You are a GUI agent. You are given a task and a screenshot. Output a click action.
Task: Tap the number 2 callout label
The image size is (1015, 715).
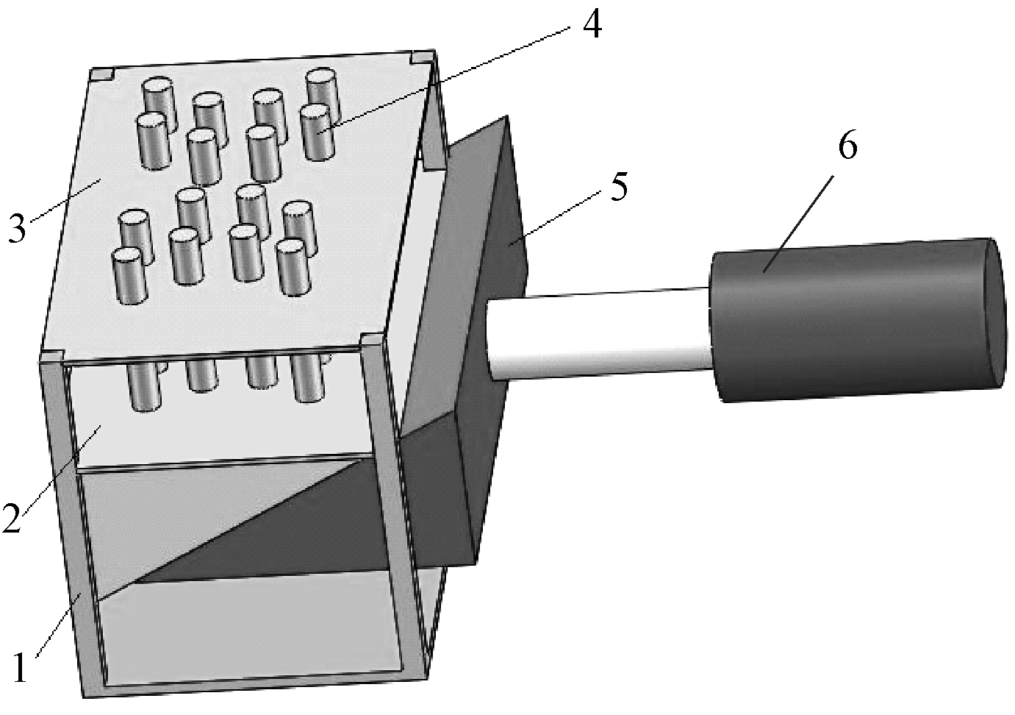click(x=12, y=518)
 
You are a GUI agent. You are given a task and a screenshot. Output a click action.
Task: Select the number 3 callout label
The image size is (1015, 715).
click(x=17, y=228)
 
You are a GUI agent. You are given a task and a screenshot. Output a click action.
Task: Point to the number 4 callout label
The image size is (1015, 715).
click(x=592, y=23)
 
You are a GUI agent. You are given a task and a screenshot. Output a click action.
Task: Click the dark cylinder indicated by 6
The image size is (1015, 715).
click(x=856, y=320)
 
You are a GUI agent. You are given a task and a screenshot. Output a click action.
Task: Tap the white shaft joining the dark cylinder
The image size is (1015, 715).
click(x=598, y=336)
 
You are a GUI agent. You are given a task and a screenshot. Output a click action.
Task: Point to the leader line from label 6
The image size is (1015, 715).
click(x=799, y=224)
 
